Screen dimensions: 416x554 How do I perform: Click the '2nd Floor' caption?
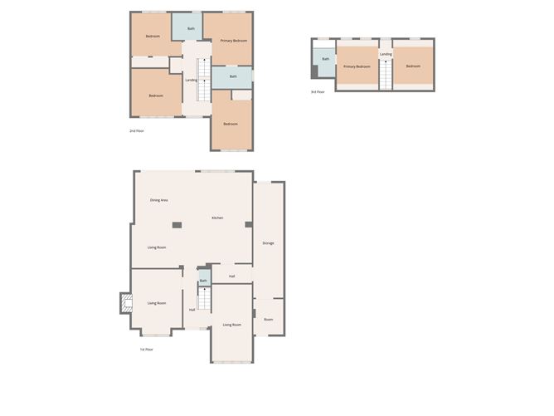click(x=137, y=131)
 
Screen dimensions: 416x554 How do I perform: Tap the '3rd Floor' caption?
click(x=318, y=92)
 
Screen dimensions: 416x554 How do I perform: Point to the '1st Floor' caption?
click(x=146, y=350)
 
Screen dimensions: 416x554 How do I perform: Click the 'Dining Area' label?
click(x=159, y=200)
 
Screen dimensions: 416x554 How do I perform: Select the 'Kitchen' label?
click(x=217, y=218)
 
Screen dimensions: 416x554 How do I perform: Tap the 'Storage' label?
click(x=268, y=243)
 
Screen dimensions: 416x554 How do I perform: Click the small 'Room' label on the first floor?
click(x=268, y=320)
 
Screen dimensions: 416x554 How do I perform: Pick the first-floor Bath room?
click(x=203, y=281)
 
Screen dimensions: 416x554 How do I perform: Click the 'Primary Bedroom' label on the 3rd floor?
click(x=357, y=66)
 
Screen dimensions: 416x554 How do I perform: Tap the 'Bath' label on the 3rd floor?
click(x=325, y=59)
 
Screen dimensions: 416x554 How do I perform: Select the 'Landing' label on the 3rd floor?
click(x=386, y=55)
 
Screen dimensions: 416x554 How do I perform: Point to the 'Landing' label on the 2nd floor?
click(x=191, y=81)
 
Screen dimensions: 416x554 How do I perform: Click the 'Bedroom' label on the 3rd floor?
click(x=413, y=66)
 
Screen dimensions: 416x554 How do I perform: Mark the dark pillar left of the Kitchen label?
click(x=177, y=224)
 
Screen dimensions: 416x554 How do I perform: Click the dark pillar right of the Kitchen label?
click(x=247, y=224)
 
